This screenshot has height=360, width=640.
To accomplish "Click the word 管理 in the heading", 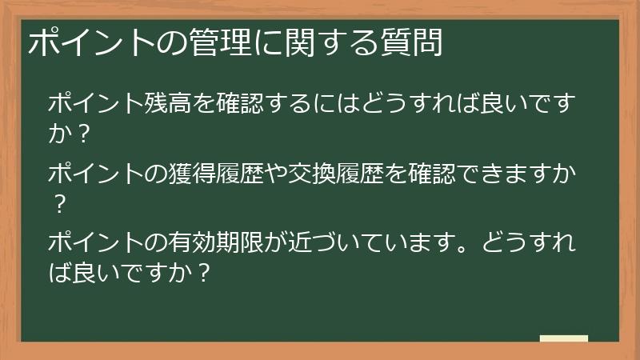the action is coord(221,42).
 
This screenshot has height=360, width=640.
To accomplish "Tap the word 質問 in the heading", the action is coord(412,42).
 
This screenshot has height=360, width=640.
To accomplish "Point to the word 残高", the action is coord(168,102).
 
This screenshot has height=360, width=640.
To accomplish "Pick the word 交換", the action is coord(312,173).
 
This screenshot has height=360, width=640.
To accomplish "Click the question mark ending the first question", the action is coord(83,133).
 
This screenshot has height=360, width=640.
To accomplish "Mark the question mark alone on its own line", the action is coord(59,204).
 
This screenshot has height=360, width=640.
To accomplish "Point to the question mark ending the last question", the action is coord(203,273).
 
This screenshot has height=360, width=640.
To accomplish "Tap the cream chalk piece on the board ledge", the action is coord(564,338).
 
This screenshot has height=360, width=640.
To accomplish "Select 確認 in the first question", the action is coord(239,102).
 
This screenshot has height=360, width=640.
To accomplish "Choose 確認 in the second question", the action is coord(432,173).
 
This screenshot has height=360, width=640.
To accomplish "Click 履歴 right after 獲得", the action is coord(239,173).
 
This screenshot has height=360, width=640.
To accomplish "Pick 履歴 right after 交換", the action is coord(360,173).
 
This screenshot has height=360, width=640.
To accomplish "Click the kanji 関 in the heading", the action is coord(299,42).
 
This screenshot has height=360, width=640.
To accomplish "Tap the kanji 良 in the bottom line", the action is coord(84,273).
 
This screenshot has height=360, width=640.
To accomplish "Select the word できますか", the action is coord(516,173).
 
